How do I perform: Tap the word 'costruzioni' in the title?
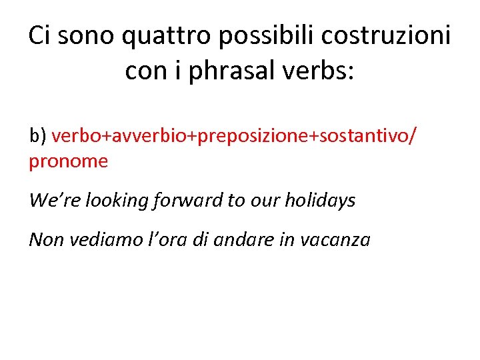(383, 36)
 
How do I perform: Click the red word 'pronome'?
(68, 161)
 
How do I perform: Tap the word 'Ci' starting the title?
(39, 36)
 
